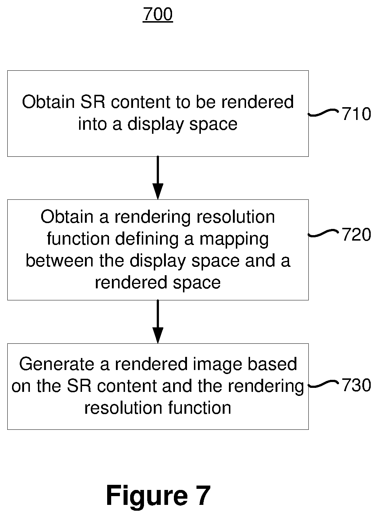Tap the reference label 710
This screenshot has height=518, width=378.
coord(356,114)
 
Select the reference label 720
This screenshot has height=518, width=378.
coord(356,234)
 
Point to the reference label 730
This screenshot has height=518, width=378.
coord(356,385)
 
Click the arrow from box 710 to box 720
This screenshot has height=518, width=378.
coord(158,178)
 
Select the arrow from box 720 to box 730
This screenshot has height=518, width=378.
coord(158,322)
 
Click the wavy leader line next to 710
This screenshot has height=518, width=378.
coord(323,113)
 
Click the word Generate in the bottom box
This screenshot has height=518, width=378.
coord(56,364)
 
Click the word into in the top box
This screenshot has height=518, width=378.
coord(93,124)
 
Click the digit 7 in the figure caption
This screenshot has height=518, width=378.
coord(203,495)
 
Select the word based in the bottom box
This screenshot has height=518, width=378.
coord(272,364)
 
